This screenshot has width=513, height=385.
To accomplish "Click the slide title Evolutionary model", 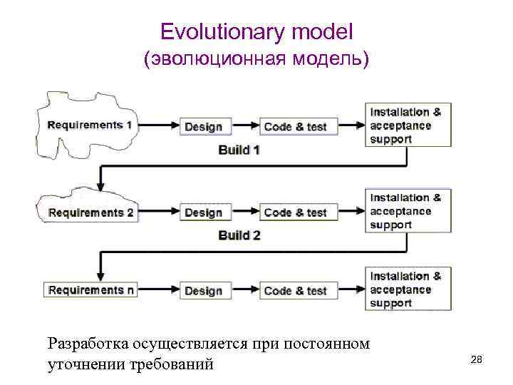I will [256, 31].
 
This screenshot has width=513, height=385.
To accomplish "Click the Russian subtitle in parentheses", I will [256, 60].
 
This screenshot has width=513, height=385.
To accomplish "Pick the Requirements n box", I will [90, 290].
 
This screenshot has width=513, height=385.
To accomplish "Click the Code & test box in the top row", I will [295, 127].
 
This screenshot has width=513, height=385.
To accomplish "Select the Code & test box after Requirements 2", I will [295, 212].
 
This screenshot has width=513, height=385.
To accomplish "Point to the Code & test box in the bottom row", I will [295, 291].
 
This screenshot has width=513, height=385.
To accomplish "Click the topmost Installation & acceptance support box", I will [409, 125].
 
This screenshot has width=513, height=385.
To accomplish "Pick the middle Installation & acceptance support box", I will [409, 211].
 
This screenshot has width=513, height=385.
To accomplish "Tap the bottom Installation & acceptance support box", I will [409, 289].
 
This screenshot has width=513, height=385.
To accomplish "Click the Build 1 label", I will [239, 150].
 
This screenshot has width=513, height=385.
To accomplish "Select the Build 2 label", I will [239, 235].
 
